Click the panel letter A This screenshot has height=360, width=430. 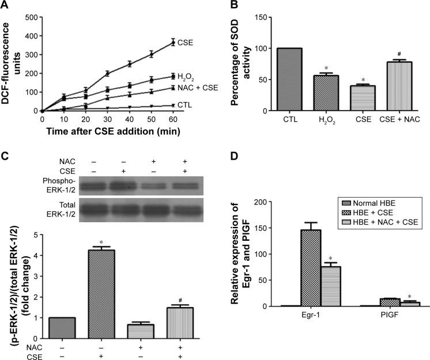click(x=5, y=5)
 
